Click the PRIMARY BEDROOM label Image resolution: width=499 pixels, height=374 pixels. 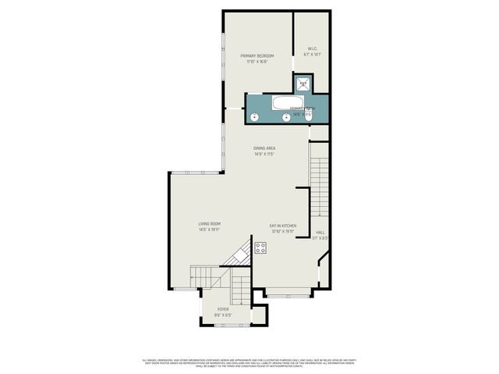(258, 57)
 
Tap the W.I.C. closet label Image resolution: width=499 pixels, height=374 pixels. (312, 49)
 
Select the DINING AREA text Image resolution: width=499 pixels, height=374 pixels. (264, 148)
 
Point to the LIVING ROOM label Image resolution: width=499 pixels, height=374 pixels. (209, 224)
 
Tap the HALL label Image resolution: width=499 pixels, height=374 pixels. (320, 233)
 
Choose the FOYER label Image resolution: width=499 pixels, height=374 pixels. (224, 309)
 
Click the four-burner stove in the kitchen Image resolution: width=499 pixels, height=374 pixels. (260, 248)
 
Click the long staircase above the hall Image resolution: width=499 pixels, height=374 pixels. (319, 187)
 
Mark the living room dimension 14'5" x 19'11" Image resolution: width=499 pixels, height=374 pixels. (209, 230)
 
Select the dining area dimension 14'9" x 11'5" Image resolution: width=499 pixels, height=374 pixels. (264, 154)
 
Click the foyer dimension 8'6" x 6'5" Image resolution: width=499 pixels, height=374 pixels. (224, 315)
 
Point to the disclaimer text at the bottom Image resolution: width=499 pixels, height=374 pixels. (249, 362)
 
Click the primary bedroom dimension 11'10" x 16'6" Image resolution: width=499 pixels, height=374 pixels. (258, 62)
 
